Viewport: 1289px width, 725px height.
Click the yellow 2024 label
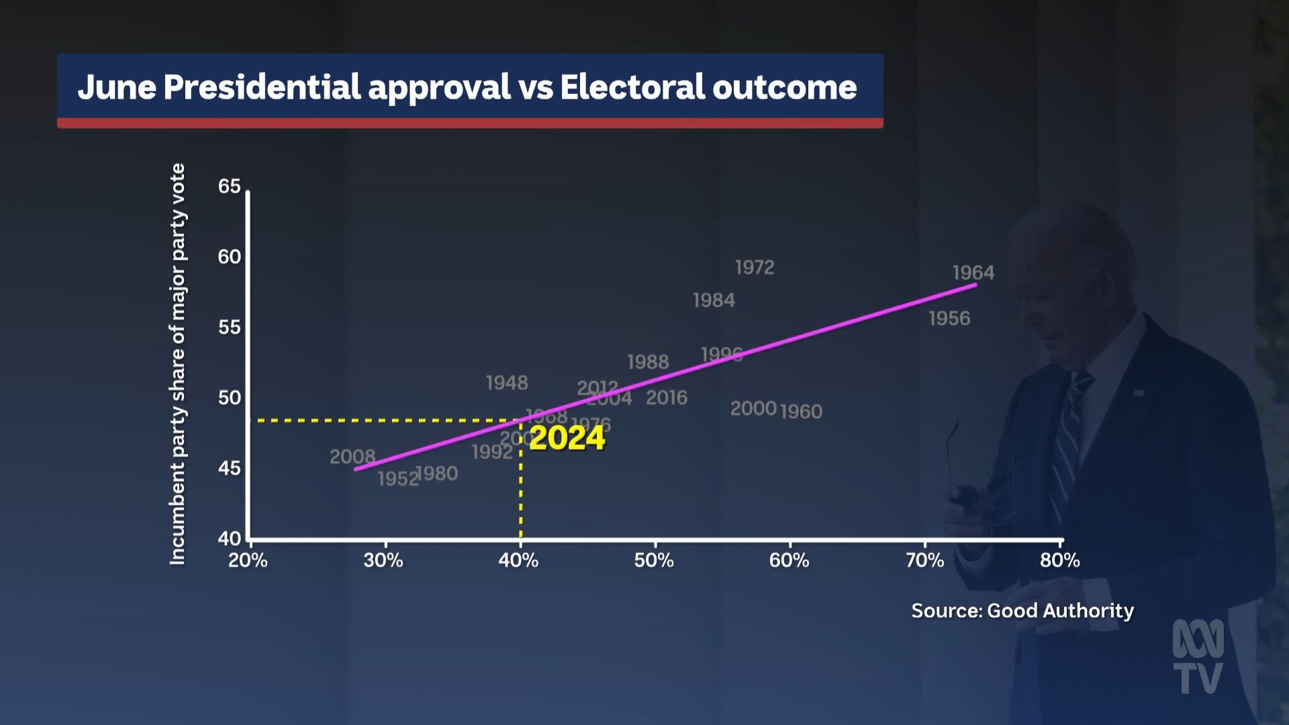(567, 438)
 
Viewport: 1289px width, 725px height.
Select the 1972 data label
(755, 267)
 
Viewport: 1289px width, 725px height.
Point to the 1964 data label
(973, 273)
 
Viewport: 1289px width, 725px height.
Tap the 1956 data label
(949, 318)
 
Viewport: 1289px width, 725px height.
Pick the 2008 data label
(352, 456)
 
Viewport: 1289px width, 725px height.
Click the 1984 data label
(714, 300)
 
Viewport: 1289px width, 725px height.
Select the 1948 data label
(507, 383)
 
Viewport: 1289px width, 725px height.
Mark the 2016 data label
(667, 397)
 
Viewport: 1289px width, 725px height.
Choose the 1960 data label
(801, 411)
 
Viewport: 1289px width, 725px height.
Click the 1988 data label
(648, 362)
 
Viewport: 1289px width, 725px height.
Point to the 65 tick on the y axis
(229, 187)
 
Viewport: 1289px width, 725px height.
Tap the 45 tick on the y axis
(229, 468)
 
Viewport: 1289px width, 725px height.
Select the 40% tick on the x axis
(518, 560)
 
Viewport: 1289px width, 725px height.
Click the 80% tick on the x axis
(1060, 560)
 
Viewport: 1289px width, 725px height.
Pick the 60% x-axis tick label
(789, 560)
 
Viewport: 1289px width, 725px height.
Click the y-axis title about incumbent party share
(177, 364)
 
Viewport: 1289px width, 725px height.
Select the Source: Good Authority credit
(1022, 610)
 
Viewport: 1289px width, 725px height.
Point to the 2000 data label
(753, 408)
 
